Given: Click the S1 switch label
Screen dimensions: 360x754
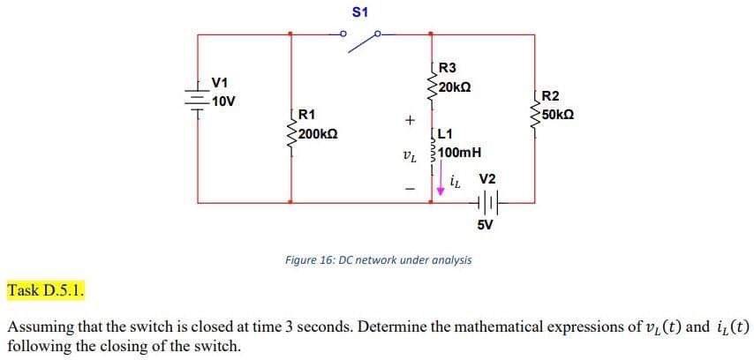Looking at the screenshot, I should tap(360, 12).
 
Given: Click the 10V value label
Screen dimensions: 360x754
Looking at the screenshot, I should tap(223, 101).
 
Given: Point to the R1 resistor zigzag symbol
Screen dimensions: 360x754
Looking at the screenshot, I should tap(290, 129).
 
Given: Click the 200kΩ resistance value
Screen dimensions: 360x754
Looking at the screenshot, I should tap(317, 134).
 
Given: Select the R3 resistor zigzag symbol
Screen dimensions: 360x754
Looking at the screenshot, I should tap(431, 82).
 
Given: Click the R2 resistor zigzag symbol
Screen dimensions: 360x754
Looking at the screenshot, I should tap(535, 109).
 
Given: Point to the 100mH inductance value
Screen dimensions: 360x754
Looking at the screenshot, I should tap(459, 152).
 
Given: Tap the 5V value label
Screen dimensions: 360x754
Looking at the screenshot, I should tap(486, 224).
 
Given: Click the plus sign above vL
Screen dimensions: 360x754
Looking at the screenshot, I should tap(408, 119).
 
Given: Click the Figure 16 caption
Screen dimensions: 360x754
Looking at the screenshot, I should tap(378, 260).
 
